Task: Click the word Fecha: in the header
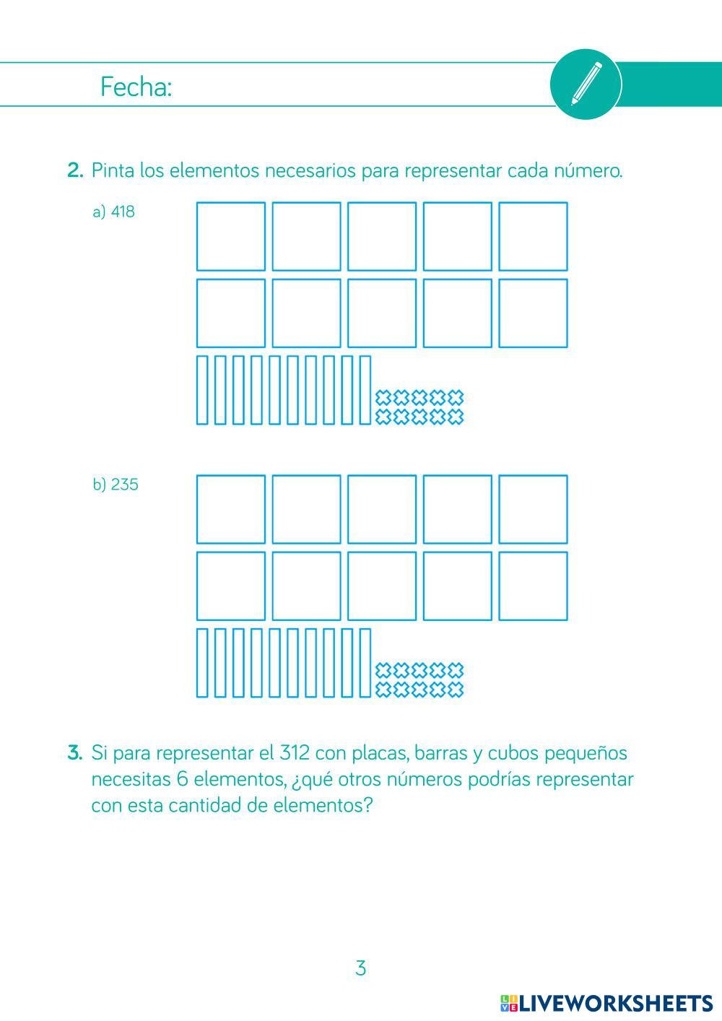click(x=136, y=87)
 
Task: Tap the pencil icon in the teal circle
click(x=586, y=84)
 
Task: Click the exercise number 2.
click(x=75, y=171)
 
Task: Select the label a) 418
click(x=113, y=212)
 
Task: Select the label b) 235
click(x=115, y=485)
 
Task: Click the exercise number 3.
click(x=75, y=753)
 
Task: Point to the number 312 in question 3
click(x=294, y=753)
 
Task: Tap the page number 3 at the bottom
click(x=361, y=968)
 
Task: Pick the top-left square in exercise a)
click(x=231, y=236)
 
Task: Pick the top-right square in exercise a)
click(x=533, y=236)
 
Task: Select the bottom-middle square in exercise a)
click(x=382, y=313)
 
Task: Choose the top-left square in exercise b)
click(x=231, y=509)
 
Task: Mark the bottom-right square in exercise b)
click(x=533, y=586)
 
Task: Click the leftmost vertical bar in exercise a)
click(x=203, y=389)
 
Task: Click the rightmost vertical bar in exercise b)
click(x=365, y=662)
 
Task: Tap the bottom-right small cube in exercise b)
click(x=455, y=690)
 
